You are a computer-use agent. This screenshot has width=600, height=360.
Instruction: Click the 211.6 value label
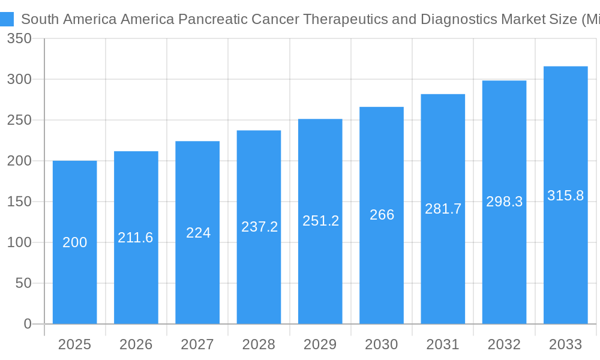[x=136, y=238]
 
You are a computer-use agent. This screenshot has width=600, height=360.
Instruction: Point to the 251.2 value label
[x=320, y=221]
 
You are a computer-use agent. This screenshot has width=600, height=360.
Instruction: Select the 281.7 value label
[x=443, y=209]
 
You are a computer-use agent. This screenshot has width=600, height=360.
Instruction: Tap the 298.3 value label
[x=504, y=202]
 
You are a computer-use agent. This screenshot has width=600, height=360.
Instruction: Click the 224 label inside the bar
[x=198, y=233]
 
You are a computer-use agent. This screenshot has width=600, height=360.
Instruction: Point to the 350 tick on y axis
[x=19, y=38]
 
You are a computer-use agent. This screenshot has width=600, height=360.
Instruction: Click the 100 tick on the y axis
[x=19, y=242]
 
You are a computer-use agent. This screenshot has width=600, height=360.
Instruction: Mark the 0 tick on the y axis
[x=28, y=324]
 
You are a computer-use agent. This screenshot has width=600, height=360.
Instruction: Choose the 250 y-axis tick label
[x=19, y=120]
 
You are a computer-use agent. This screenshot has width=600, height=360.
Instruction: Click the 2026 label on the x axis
[x=136, y=344]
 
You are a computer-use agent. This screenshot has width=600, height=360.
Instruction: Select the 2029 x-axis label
[x=320, y=344]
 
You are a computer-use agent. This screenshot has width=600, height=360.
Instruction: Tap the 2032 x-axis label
[x=504, y=344]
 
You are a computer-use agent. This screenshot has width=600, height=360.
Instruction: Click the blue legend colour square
[x=7, y=19]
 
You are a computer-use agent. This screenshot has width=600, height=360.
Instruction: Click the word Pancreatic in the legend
[x=212, y=19]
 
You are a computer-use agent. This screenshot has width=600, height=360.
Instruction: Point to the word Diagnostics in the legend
[x=459, y=19]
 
